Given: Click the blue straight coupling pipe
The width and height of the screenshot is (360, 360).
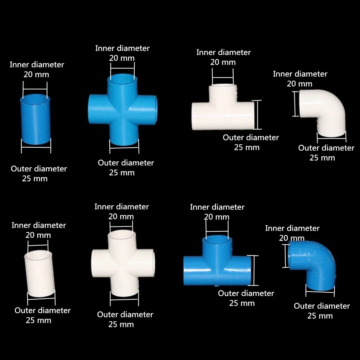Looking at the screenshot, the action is point(35,119).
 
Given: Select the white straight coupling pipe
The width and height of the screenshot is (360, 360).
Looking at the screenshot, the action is point(40,274).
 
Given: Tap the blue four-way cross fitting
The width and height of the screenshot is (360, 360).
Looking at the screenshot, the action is point(123,110).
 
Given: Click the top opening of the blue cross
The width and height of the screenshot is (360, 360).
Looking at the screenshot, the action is point(122,78).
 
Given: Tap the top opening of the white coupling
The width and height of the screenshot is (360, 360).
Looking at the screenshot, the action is point(38,254).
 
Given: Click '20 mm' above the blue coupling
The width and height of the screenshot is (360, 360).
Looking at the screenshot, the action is point(36,75).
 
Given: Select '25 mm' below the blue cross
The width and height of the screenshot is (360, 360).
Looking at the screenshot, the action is point(122,173).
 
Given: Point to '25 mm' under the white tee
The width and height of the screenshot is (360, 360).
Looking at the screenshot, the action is point(247,147).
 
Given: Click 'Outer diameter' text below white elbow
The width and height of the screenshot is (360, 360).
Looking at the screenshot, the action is point(326,148).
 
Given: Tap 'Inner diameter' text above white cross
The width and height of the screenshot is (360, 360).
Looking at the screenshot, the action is point(122,207).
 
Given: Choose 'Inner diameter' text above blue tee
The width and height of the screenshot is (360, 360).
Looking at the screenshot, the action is point(217,207).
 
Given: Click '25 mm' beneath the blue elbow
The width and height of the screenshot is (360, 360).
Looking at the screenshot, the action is point(320,316).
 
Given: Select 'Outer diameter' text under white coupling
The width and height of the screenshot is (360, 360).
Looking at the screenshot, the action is point(42,311).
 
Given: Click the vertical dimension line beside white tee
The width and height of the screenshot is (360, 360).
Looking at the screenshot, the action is point(257,115).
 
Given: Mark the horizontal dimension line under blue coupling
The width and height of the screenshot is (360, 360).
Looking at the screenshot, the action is point(36,147).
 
